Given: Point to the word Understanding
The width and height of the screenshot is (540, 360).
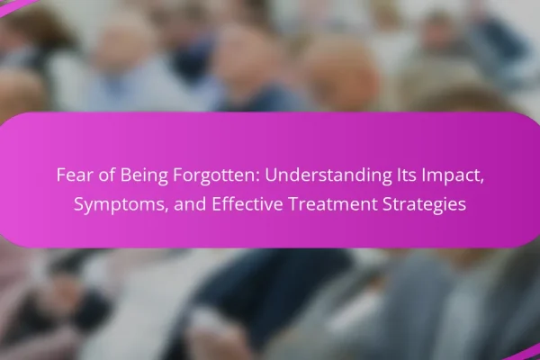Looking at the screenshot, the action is tap(328, 175).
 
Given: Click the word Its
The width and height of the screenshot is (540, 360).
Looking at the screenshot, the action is tap(404, 175).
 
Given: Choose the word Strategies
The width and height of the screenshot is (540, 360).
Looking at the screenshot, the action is tap(424, 205).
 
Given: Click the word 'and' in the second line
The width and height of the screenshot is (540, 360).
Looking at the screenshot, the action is tap(190, 204).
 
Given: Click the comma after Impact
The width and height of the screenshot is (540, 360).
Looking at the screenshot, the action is tap(481, 182).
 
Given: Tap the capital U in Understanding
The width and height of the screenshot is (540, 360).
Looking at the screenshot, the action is tap(270, 175).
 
